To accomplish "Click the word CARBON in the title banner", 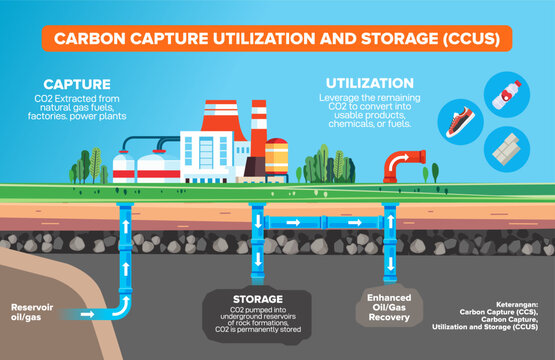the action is point(86,39).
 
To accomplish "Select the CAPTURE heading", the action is point(77,85).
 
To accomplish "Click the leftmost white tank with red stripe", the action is point(123,167).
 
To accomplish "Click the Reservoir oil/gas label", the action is point(29,311).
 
